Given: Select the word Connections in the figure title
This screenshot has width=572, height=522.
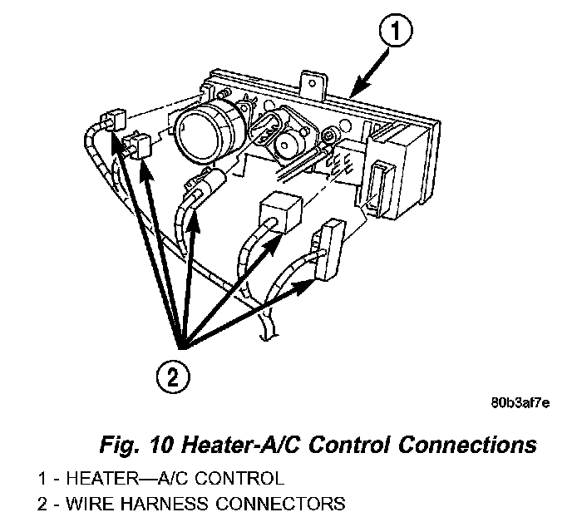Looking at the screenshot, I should point(466,445).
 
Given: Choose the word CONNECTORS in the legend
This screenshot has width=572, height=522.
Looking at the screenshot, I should point(269,503).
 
